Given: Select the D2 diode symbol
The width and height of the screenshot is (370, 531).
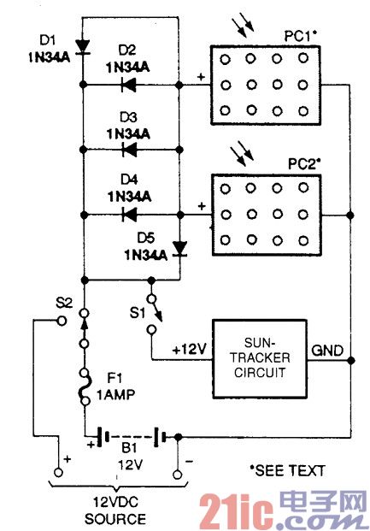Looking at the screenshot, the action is pos(129,85).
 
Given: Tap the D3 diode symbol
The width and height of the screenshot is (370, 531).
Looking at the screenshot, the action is pos(129,150).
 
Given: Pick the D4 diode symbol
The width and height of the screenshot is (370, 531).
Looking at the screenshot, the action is pos(129,215).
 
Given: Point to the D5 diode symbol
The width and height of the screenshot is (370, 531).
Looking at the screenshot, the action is pos(179,249).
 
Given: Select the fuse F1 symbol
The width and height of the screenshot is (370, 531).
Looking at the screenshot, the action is pos(85,386).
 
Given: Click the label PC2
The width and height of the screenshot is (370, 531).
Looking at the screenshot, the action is pos(304,164).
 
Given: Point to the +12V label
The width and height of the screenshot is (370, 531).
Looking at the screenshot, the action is pos(189,349).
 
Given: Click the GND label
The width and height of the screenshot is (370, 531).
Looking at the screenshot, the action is pos(327,351).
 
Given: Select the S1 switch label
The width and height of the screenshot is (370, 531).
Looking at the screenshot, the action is pos(137,313).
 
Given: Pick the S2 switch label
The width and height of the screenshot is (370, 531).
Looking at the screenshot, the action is pos(64,303).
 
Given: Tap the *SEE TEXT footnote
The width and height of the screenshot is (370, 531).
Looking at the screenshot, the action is pos(287,470).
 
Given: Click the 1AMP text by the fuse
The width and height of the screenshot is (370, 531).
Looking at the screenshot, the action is pos(115,394).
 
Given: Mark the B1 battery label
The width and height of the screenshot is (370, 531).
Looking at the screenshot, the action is pos(129,448).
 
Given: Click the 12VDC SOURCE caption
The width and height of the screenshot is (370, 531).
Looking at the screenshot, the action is pos(115,510).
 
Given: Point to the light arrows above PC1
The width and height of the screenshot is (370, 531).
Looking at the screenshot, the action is pos(243,24).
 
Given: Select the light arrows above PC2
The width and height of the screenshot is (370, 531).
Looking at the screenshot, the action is pos(242,156).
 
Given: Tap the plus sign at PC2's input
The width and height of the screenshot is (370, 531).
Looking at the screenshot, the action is pos(202,206).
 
